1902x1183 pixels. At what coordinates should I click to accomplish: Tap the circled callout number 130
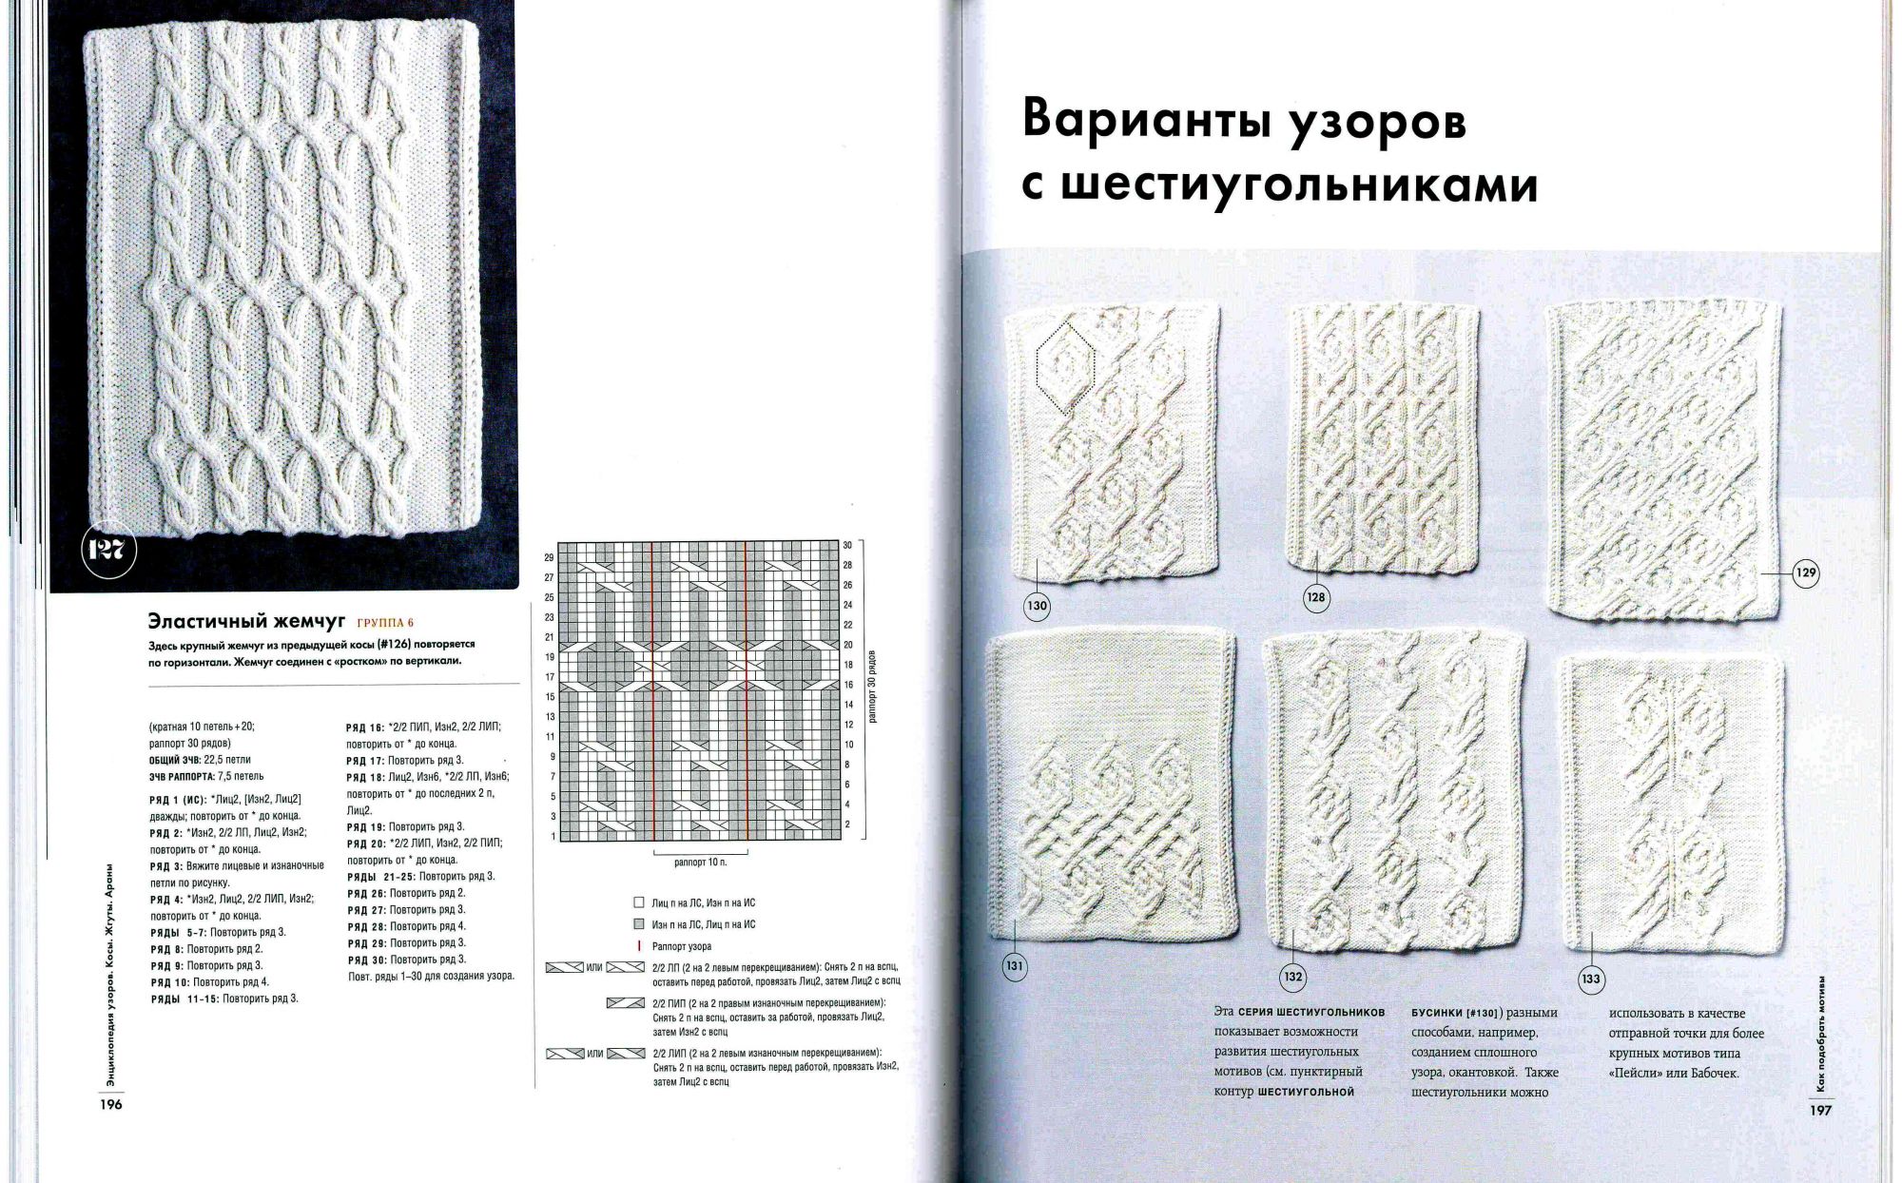[1037, 606]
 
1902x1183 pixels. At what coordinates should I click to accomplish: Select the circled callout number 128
[1316, 597]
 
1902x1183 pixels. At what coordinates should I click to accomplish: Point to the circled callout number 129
[1806, 572]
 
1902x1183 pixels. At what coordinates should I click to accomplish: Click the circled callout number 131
[1015, 967]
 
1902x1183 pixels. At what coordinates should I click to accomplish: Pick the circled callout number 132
[1293, 977]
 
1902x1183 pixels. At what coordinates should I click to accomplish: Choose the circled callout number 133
[1591, 979]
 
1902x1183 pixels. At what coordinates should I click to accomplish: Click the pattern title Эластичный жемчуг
[246, 622]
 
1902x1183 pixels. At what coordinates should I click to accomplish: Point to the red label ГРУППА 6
[385, 624]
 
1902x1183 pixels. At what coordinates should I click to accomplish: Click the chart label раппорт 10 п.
[700, 863]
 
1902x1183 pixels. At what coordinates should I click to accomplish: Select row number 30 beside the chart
[847, 545]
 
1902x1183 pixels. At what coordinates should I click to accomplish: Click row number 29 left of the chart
[549, 557]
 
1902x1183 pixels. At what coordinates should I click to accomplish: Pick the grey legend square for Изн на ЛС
[639, 924]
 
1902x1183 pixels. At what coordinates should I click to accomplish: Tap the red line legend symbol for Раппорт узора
[639, 946]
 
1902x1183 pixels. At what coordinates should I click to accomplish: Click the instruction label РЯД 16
[364, 727]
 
